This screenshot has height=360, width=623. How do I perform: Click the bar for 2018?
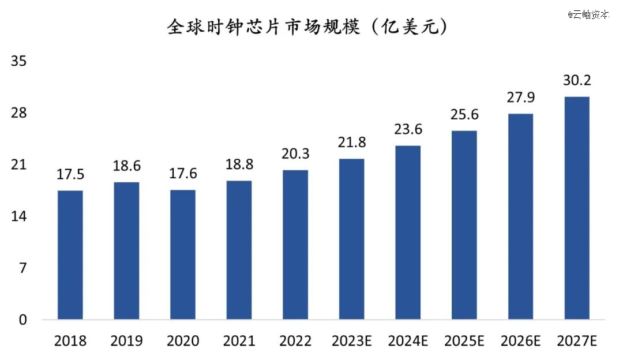[70, 255]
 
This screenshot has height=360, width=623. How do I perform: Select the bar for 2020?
[183, 254]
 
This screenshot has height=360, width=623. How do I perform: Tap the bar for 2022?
[295, 245]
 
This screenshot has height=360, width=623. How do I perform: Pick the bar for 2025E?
[464, 225]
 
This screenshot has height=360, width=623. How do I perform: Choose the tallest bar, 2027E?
[577, 208]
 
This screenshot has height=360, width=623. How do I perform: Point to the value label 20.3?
[295, 155]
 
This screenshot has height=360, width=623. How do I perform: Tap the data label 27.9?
[520, 98]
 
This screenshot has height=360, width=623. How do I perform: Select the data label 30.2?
[577, 81]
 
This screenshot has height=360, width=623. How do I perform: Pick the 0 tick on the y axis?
[22, 320]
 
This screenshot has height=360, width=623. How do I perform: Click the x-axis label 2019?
[126, 341]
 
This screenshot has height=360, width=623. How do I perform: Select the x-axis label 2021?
[239, 341]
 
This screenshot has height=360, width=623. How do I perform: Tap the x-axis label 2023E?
[351, 341]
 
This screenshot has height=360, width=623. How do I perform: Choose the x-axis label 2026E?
[520, 341]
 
